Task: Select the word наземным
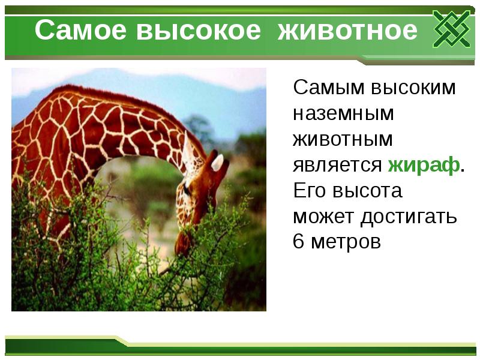[x=343, y=114]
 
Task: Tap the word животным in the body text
[x=343, y=140]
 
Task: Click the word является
[x=337, y=166]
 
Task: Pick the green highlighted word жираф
[x=424, y=166]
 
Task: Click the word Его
[x=309, y=191]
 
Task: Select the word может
[x=323, y=217]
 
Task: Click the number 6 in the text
[x=298, y=243]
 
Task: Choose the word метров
[x=346, y=243]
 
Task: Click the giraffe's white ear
[x=217, y=162]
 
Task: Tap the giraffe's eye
[x=187, y=191]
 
